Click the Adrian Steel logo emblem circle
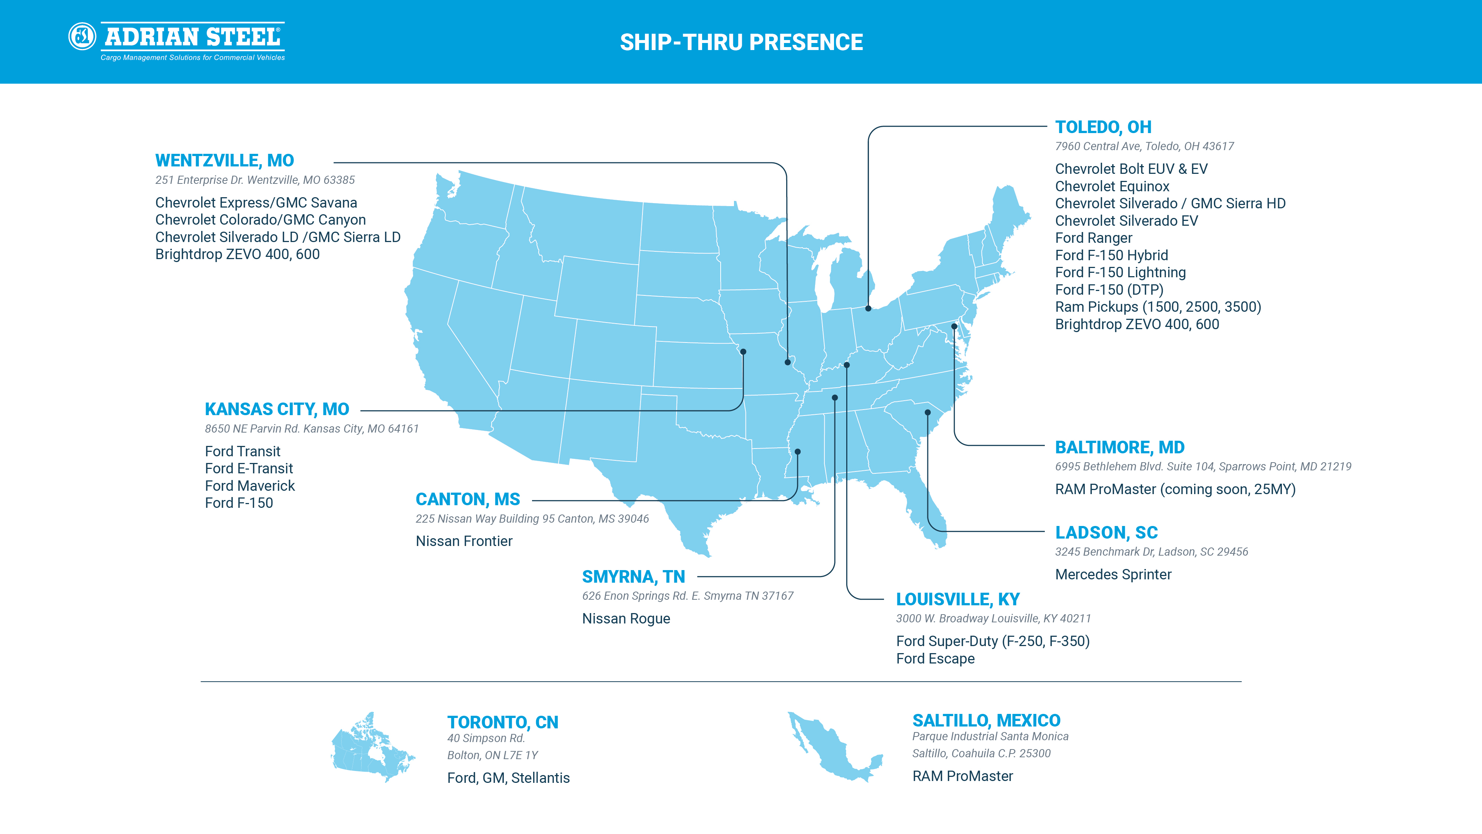tap(82, 37)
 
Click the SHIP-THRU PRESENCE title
tap(741, 42)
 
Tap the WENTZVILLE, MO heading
tap(225, 160)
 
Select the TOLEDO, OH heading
tap(1103, 127)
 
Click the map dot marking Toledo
tap(868, 308)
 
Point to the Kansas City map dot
tap(743, 352)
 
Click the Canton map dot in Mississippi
tap(797, 452)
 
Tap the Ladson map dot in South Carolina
tap(927, 412)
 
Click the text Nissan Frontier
tap(464, 541)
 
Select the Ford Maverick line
tap(250, 486)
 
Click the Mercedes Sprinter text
tap(1113, 575)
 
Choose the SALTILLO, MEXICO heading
tap(986, 720)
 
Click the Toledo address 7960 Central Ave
tap(1144, 146)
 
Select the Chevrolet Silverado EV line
tap(1126, 221)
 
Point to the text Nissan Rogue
tap(626, 619)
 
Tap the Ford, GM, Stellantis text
tap(508, 778)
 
